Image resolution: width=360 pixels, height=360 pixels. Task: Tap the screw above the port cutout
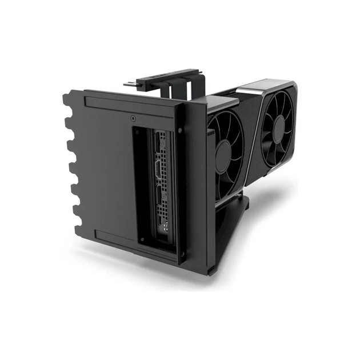pyautogui.click(x=133, y=119)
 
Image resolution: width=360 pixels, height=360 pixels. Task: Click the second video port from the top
pyautogui.click(x=159, y=171)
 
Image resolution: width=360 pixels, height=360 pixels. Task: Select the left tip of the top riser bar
pyautogui.click(x=127, y=85)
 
